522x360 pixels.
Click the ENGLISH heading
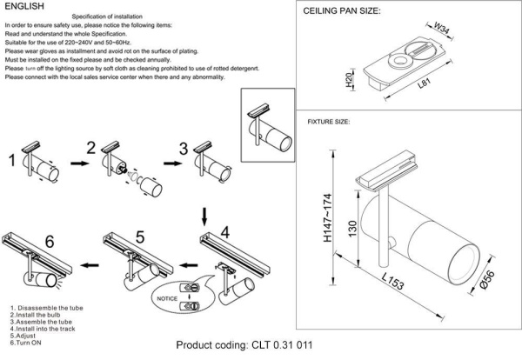(x=23, y=6)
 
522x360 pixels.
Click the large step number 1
(x=12, y=161)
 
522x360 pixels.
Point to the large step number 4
(x=224, y=233)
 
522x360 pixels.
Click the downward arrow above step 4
(x=204, y=214)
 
